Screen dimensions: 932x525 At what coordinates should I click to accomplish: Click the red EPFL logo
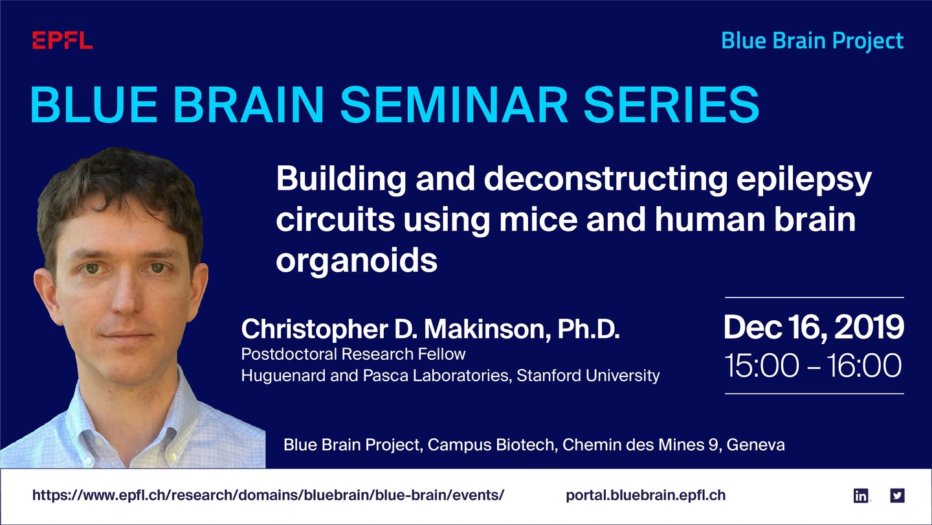[62, 40]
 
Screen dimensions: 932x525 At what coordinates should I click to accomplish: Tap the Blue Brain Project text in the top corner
[812, 41]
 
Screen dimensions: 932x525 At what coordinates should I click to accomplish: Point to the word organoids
[357, 261]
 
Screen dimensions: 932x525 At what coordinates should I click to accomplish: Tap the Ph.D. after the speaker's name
[589, 329]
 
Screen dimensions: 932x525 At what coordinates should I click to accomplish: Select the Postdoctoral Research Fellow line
[353, 354]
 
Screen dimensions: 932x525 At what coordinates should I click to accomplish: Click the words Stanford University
[588, 376]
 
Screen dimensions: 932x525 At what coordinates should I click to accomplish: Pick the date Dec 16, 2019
[814, 327]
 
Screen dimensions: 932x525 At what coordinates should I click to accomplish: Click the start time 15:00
[761, 366]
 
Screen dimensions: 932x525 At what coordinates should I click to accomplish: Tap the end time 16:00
[864, 366]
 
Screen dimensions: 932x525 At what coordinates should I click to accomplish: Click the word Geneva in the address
[755, 445]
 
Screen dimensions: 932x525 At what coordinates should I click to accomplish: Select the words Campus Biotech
[492, 445]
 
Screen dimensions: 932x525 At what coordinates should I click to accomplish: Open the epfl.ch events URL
[269, 495]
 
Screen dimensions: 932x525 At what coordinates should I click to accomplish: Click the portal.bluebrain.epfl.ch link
[646, 495]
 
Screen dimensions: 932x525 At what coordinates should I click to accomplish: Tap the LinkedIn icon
[860, 495]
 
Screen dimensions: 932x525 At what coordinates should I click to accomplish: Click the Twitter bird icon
[897, 495]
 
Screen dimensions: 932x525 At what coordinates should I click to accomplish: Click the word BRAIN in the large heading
[249, 104]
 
